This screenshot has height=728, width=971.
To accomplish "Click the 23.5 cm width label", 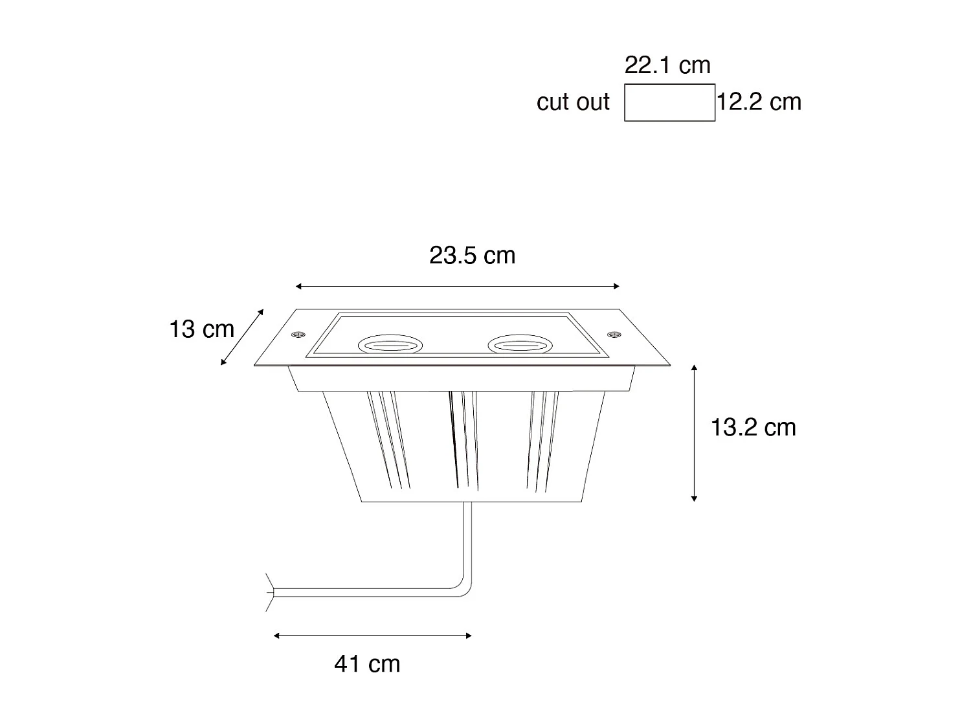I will [x=472, y=256].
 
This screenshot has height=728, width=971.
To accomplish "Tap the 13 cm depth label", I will [x=201, y=329].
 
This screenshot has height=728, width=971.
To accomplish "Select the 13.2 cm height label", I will [x=753, y=428].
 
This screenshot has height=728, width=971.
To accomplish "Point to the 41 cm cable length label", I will [x=367, y=664].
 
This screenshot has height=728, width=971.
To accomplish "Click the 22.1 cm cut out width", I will [x=667, y=65].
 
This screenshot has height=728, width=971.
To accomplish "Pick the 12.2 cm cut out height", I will [x=759, y=102].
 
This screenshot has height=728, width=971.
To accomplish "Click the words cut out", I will [x=573, y=102].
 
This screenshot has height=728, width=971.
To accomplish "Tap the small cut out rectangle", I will [x=669, y=102].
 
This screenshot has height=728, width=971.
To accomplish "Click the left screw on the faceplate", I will [x=298, y=334].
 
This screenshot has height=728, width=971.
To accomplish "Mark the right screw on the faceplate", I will [x=614, y=334].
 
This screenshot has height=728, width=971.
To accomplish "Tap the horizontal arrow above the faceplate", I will [x=457, y=286].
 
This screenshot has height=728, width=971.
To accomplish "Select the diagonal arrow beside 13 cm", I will [x=242, y=337].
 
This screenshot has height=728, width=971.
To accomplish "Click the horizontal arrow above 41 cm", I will [x=372, y=635].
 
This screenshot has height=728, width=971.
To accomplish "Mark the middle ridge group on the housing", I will [x=463, y=440].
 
